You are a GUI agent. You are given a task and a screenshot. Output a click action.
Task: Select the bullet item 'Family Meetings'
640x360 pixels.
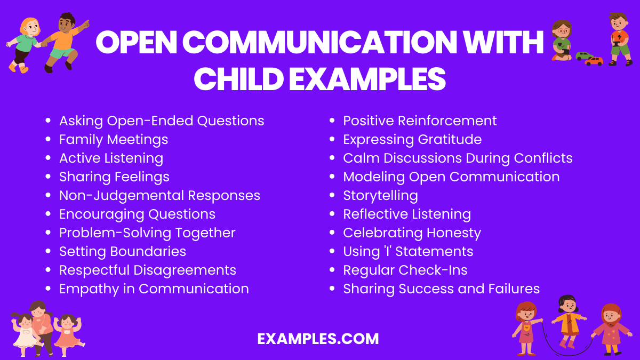click(114, 140)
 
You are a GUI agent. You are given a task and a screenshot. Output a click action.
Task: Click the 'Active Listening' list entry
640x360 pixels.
click(111, 158)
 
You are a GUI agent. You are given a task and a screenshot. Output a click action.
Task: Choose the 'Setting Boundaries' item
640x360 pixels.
click(123, 252)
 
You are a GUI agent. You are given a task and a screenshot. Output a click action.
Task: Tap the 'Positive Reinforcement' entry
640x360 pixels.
click(420, 121)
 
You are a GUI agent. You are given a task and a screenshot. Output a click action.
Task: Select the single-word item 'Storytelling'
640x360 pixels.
click(380, 196)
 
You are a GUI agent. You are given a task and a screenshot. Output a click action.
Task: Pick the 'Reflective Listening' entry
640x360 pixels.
click(407, 214)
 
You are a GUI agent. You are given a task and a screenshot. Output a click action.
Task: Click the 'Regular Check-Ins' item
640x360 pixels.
click(405, 270)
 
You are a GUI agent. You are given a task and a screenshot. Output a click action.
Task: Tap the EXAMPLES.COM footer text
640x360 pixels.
click(318, 339)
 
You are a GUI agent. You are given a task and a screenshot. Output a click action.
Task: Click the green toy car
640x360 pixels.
click(583, 55)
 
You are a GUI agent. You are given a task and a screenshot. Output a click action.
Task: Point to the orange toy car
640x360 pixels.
click(594, 61)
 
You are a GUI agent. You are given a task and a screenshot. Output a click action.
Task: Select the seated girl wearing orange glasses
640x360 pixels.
click(562, 40)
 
